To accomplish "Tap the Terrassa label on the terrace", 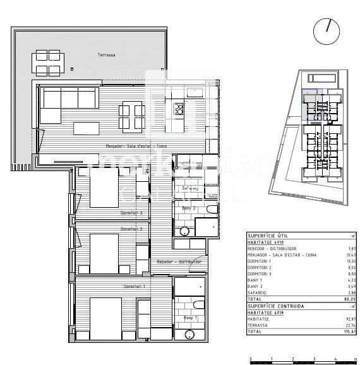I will point(107,56).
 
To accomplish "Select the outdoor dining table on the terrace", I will point(47,63).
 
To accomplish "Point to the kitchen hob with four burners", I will point(179,109).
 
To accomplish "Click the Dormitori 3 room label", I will point(131,213).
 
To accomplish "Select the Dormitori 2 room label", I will point(130,229).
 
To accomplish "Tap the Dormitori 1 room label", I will point(133,287).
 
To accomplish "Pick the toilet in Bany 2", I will point(212,209).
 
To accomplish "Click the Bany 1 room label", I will point(190,318).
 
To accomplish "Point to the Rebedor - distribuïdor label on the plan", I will point(179,261).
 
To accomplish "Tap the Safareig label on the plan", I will point(190,188).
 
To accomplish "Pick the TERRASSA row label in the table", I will point(259,325).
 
